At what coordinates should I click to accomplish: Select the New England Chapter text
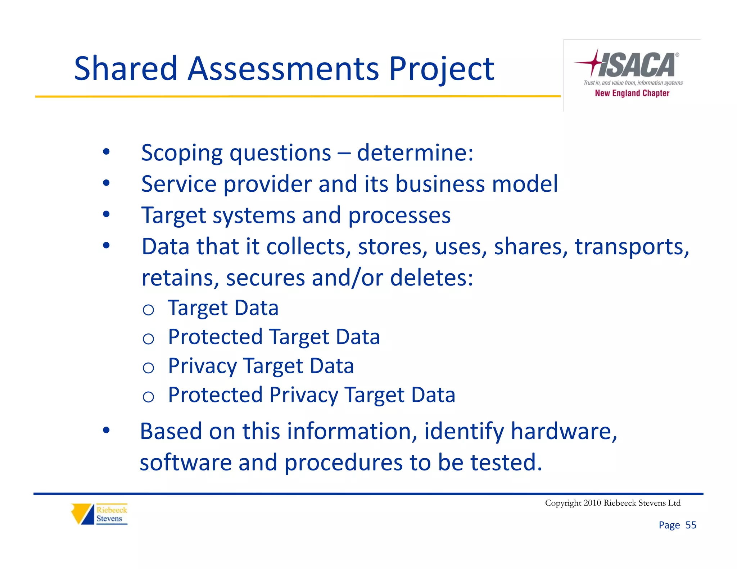(x=632, y=93)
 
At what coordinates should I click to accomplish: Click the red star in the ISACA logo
(x=594, y=63)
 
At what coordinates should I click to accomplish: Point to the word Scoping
(x=182, y=153)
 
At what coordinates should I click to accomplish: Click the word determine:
(x=415, y=153)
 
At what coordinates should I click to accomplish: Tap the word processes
(x=399, y=215)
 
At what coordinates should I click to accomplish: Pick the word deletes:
(x=431, y=278)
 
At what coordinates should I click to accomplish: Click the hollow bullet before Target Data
(x=148, y=310)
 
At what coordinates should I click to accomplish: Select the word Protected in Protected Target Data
(x=215, y=337)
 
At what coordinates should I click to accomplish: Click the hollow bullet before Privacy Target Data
(x=148, y=368)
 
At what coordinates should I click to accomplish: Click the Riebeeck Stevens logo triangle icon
(x=82, y=514)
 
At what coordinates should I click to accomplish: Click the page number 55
(x=691, y=525)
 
